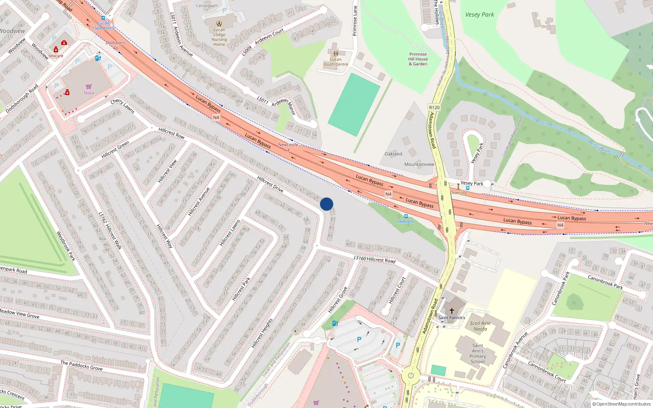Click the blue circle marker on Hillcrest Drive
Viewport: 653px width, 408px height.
tap(326, 204)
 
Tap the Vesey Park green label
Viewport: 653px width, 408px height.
tap(480, 15)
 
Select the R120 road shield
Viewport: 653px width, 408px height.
tap(434, 108)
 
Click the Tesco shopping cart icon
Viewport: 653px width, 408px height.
tap(89, 86)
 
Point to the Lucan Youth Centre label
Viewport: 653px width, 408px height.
tap(335, 62)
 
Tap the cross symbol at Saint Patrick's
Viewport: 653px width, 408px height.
tap(452, 311)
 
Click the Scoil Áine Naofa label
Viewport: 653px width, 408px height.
tap(480, 326)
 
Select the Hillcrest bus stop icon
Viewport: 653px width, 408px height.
tap(406, 216)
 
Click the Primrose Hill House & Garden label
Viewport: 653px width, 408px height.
tap(418, 59)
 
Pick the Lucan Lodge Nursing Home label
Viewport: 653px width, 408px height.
tap(219, 37)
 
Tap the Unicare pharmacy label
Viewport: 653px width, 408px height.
tap(56, 56)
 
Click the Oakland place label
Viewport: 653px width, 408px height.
tap(393, 154)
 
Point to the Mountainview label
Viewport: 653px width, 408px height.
tap(419, 164)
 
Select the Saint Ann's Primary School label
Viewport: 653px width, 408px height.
tap(478, 353)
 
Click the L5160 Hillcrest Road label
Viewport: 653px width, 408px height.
tap(374, 259)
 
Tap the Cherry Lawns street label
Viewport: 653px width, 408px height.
tap(122, 106)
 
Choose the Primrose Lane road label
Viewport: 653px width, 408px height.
tap(355, 21)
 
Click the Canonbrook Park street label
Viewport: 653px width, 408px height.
tap(605, 282)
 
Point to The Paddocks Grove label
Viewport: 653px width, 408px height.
tap(81, 365)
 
